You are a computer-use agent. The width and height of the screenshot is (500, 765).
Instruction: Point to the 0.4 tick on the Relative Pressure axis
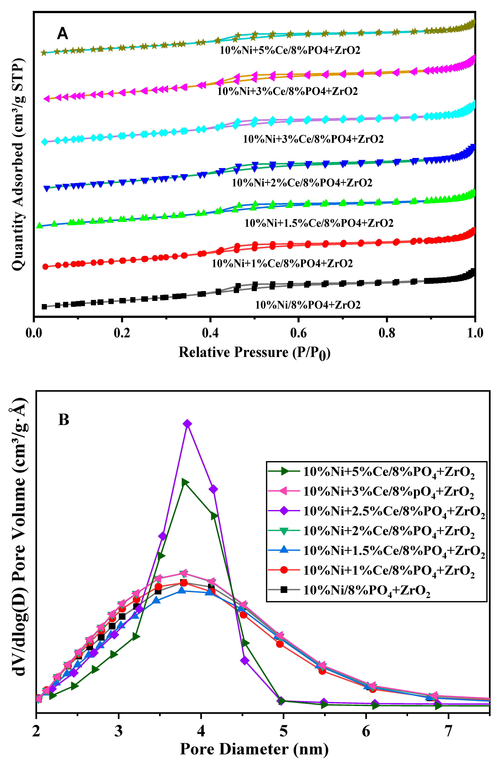[x=210, y=333]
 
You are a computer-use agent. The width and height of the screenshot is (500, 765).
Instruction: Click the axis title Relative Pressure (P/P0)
[x=254, y=353]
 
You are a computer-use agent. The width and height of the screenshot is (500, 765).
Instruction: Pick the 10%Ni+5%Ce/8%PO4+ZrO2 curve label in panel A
[x=290, y=50]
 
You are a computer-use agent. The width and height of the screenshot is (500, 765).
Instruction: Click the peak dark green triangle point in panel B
[x=185, y=482]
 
